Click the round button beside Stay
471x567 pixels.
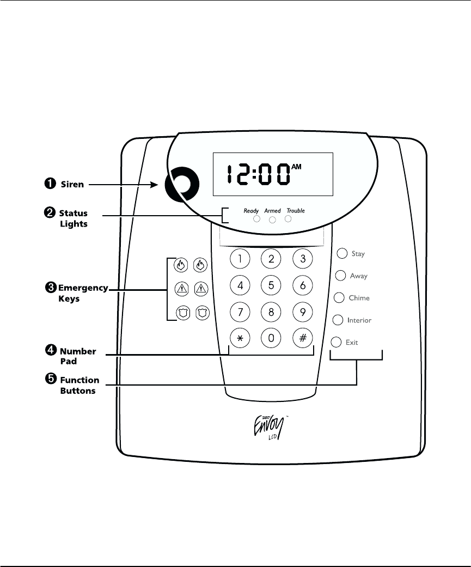pyautogui.click(x=342, y=253)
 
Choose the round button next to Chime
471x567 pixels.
pyautogui.click(x=339, y=297)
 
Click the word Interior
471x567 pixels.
pyautogui.click(x=359, y=320)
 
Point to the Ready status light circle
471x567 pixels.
pyautogui.click(x=256, y=220)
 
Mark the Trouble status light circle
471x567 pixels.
pyautogui.click(x=289, y=218)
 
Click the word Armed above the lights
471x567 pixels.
pyautogui.click(x=272, y=211)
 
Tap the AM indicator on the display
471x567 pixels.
pyautogui.click(x=296, y=167)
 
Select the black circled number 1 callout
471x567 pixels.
pyautogui.click(x=48, y=184)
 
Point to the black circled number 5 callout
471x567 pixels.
pyautogui.click(x=48, y=380)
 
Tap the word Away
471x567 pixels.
pyautogui.click(x=358, y=276)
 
